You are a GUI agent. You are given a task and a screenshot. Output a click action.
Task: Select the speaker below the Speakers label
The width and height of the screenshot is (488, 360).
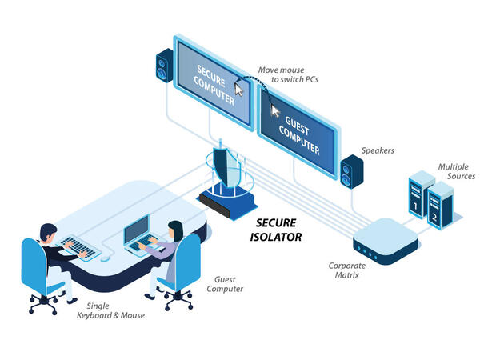click(351, 173)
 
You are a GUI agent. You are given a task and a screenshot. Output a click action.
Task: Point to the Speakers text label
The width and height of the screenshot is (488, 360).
click(378, 150)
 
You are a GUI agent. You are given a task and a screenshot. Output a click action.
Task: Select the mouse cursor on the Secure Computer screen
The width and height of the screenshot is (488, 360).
click(238, 89)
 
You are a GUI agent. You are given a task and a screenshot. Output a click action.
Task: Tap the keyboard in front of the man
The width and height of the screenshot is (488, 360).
click(80, 246)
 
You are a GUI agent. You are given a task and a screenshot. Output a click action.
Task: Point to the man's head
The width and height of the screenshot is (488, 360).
click(47, 234)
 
